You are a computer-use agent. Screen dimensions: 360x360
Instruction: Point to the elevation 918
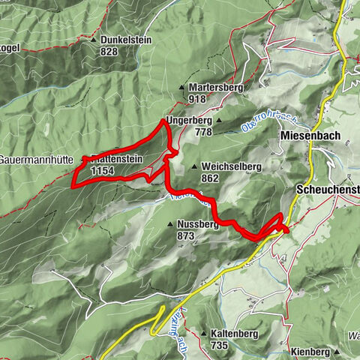click(x=197, y=99)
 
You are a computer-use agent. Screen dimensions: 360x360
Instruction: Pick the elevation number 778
click(x=202, y=131)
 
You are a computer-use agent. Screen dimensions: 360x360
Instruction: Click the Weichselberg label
click(x=229, y=166)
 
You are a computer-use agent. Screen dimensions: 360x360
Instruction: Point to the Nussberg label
click(x=199, y=223)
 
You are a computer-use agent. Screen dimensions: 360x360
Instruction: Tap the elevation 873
click(x=186, y=235)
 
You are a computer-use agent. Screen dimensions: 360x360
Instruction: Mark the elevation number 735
click(x=219, y=345)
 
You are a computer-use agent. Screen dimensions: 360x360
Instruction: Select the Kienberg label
click(x=310, y=351)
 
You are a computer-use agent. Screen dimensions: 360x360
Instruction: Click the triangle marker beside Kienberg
click(x=338, y=351)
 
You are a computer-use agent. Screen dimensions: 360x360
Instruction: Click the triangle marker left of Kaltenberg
click(x=204, y=333)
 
